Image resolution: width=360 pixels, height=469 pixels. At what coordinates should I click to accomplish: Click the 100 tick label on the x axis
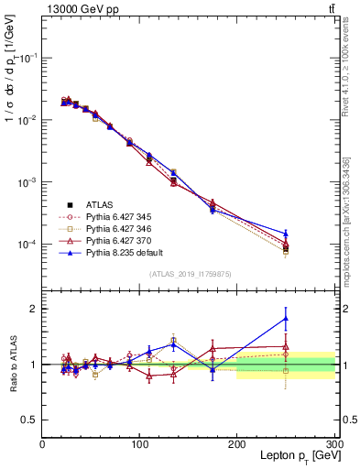[x=139, y=444]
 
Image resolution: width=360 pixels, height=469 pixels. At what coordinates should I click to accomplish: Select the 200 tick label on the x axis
[x=236, y=444]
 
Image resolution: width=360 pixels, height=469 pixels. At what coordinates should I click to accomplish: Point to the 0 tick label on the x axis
[x=42, y=444]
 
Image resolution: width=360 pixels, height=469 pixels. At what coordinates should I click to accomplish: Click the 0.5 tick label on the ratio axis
[x=27, y=420]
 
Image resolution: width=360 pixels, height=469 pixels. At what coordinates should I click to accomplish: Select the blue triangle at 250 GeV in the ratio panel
[x=285, y=319]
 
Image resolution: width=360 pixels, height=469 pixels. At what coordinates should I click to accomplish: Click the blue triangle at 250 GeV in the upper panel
[x=285, y=234]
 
